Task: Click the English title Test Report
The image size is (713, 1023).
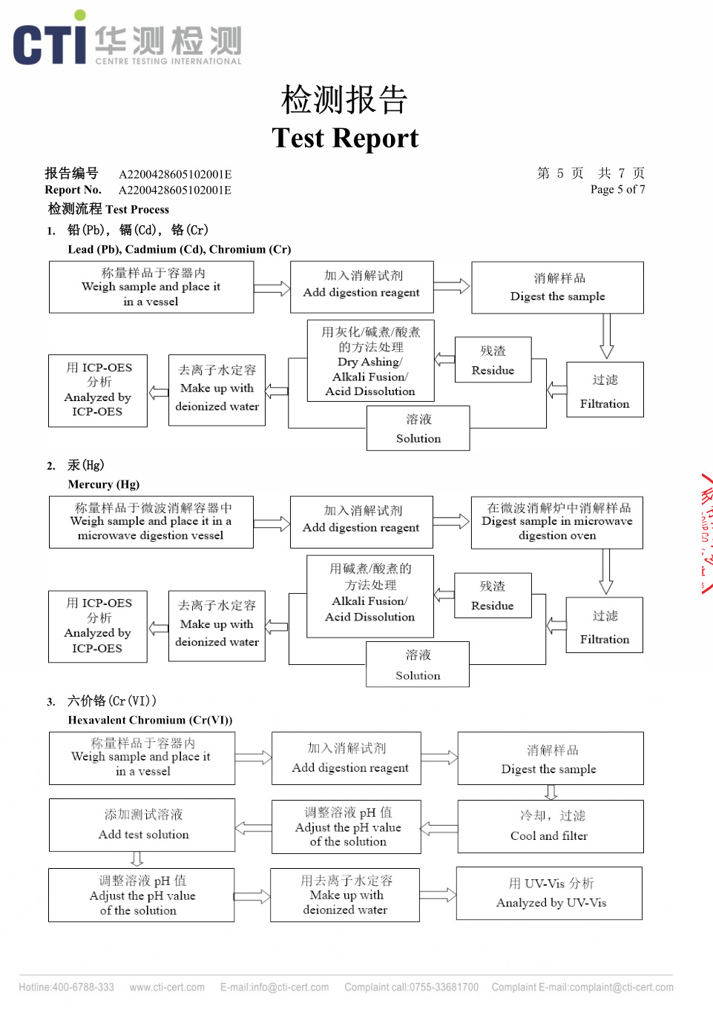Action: tap(345, 138)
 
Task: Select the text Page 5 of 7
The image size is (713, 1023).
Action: tap(617, 190)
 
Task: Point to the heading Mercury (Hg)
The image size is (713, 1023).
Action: tap(103, 484)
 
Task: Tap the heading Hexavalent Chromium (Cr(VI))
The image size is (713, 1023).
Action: tap(150, 720)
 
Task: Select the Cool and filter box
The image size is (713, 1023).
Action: tap(550, 826)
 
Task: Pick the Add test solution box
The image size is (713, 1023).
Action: tap(142, 824)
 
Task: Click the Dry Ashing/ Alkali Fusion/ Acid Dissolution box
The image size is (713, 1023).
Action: tap(370, 361)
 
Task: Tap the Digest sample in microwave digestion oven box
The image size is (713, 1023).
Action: tap(556, 523)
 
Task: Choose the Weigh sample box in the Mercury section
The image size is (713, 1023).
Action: tap(151, 522)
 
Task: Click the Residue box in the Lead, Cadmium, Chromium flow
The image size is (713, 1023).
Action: tap(493, 360)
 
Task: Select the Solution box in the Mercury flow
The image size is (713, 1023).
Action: tap(418, 664)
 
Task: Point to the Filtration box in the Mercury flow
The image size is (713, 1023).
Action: tap(604, 626)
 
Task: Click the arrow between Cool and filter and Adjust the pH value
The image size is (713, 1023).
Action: tap(439, 828)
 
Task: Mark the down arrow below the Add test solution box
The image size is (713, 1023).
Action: tap(137, 859)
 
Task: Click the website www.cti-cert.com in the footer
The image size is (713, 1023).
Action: tap(167, 987)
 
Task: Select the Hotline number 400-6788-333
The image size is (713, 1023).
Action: tap(67, 987)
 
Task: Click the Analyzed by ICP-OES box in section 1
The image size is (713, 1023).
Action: tap(98, 390)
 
